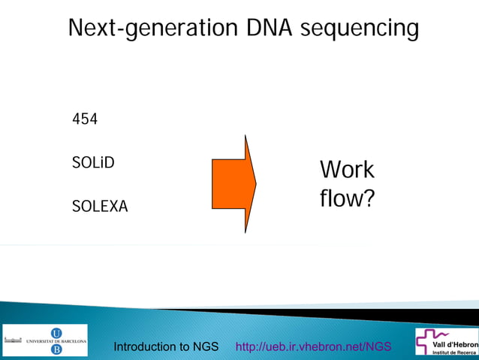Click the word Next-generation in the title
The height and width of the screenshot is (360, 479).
153,29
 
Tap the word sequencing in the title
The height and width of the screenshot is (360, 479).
359,29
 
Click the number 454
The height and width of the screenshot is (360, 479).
85,119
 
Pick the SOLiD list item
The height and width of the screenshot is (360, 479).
93,162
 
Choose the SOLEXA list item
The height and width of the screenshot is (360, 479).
100,206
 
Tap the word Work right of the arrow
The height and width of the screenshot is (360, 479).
347,170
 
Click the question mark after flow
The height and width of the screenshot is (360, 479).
368,199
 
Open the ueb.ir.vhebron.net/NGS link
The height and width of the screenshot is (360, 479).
313,346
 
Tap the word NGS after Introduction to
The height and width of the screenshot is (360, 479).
205,346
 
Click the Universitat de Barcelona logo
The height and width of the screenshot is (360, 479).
46,340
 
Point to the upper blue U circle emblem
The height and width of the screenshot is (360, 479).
56,333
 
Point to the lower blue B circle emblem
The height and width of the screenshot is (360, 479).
56,349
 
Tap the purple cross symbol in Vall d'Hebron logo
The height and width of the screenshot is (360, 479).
426,341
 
